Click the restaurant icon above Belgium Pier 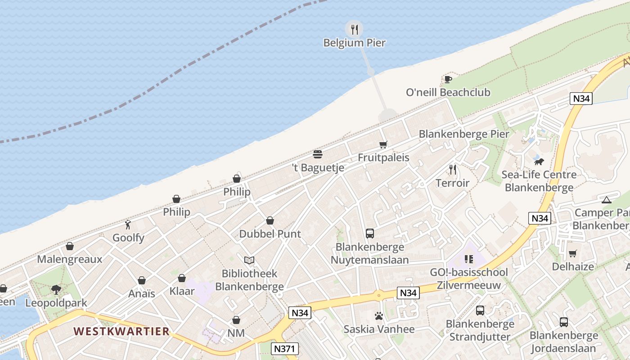355,30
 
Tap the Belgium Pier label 355,43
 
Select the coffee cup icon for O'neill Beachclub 448,79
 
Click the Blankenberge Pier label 464,134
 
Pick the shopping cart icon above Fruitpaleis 383,144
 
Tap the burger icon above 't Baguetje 318,154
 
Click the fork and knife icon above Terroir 453,170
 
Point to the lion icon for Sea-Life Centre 539,161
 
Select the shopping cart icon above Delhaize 572,253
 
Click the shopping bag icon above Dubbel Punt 270,220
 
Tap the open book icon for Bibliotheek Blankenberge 249,260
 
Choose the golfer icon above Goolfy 128,224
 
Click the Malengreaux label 70,259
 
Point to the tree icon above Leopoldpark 56,289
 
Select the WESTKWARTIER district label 121,332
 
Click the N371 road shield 285,348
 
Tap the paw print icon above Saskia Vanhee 379,316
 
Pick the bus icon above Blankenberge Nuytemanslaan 370,234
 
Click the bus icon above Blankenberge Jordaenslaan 563,322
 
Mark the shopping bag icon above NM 236,320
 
